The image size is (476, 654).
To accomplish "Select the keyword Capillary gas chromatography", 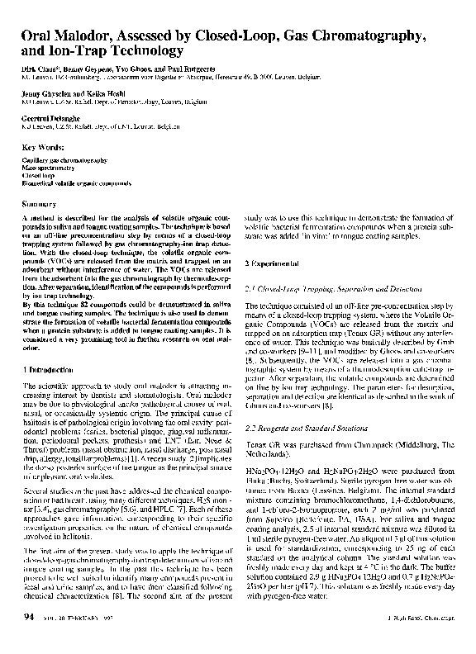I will coord(65,160).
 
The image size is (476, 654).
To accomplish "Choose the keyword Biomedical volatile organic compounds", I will coord(77,182).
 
